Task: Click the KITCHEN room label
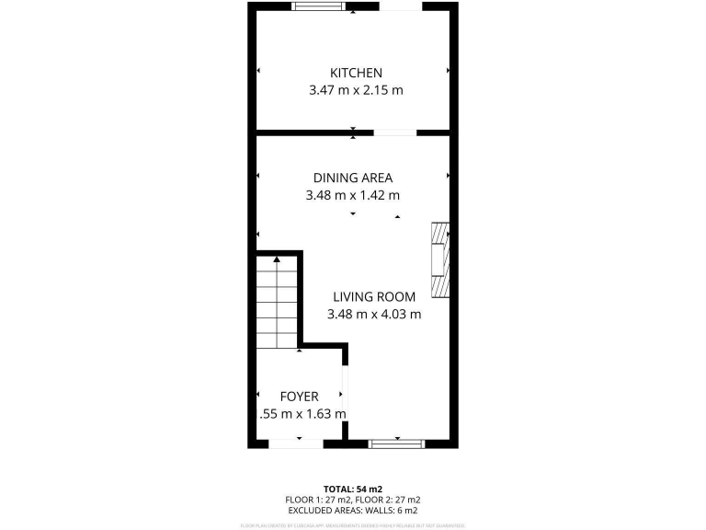[x=356, y=73]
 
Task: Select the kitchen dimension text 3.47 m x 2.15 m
[x=356, y=90]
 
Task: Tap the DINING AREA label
[x=353, y=178]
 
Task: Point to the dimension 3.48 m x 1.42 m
[x=353, y=195]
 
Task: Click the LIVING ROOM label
[x=374, y=296]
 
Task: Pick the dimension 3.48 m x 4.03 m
[x=374, y=314]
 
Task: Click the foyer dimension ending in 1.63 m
[x=303, y=414]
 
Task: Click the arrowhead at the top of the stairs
[x=277, y=260]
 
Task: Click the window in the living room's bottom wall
[x=397, y=444]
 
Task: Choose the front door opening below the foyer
[x=296, y=444]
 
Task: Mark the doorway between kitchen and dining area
[x=393, y=132]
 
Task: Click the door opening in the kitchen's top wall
[x=401, y=7]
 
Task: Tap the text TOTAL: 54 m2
[x=352, y=488]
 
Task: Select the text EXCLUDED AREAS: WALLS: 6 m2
[x=352, y=510]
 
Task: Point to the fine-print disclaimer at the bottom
[x=352, y=524]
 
